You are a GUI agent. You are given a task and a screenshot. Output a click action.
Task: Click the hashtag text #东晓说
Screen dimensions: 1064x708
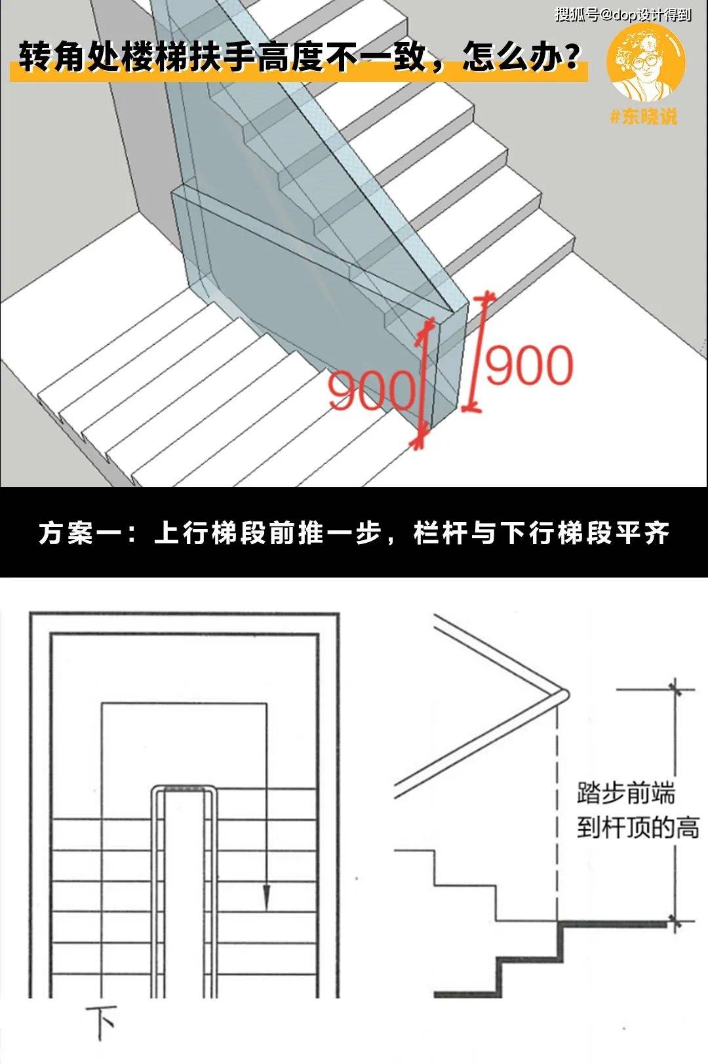[x=643, y=117]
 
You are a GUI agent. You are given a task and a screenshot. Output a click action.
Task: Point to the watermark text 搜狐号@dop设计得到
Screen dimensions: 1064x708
[x=623, y=14]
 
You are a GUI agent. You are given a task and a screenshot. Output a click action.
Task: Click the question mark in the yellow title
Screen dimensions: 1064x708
[x=570, y=58]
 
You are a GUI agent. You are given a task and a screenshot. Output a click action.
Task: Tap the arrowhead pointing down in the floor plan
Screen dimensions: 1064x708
[x=266, y=898]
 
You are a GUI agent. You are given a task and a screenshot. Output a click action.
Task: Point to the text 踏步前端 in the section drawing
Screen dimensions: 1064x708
[x=626, y=793]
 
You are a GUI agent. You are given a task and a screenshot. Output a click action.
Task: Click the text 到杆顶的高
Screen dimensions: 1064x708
[x=638, y=827]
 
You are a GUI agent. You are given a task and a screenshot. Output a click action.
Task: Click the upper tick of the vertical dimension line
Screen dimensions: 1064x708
[x=675, y=690]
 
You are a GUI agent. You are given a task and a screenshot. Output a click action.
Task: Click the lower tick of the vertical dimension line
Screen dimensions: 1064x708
[x=675, y=923]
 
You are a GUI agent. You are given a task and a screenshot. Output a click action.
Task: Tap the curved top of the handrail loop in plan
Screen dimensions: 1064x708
[x=184, y=788]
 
